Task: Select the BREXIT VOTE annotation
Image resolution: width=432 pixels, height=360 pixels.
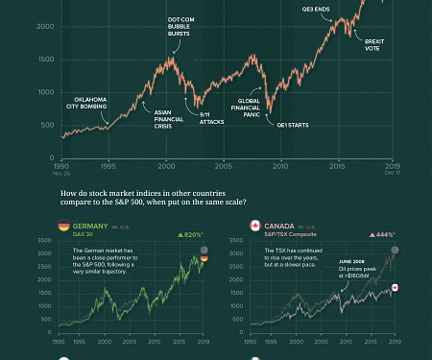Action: (372, 44)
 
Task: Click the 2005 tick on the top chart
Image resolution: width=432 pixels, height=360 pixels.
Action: (223, 166)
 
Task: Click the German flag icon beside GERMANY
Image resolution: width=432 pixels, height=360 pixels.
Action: (63, 226)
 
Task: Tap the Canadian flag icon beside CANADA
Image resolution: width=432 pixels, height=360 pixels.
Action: (254, 226)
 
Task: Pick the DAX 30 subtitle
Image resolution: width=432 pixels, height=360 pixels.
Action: (84, 234)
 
